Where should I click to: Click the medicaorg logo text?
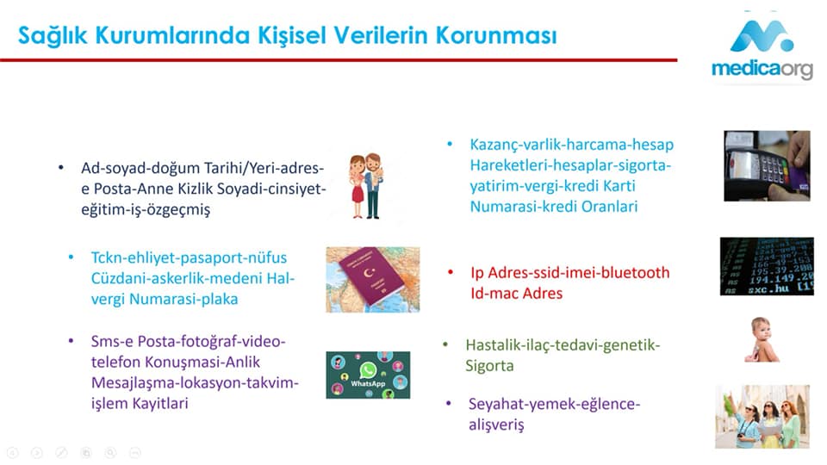[x=762, y=69]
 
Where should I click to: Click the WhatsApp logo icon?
[x=368, y=370]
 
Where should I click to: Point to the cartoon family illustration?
[x=367, y=186]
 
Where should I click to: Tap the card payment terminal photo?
[x=767, y=165]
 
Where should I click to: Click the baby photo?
[x=762, y=339]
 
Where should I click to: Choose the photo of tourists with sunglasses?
[x=762, y=417]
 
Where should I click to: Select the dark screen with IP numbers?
[x=767, y=266]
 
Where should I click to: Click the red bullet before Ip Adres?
[x=451, y=272]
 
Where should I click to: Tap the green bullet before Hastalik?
[x=445, y=344]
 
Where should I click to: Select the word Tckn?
[x=107, y=257]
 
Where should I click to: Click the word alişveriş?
[x=496, y=425]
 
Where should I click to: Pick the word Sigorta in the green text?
[x=489, y=366]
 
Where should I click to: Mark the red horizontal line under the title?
[x=339, y=60]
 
